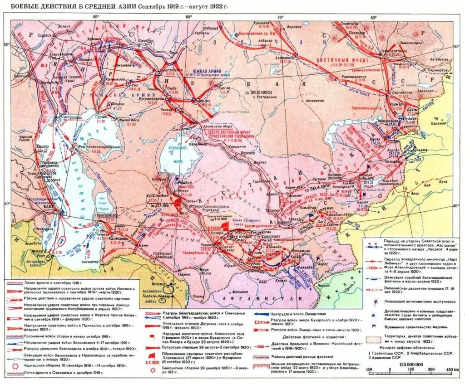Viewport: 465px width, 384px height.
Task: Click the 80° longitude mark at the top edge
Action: pos(373,16)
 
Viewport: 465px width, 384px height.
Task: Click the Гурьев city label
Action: pos(104,117)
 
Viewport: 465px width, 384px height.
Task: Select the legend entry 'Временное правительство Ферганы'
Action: pos(412,326)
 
